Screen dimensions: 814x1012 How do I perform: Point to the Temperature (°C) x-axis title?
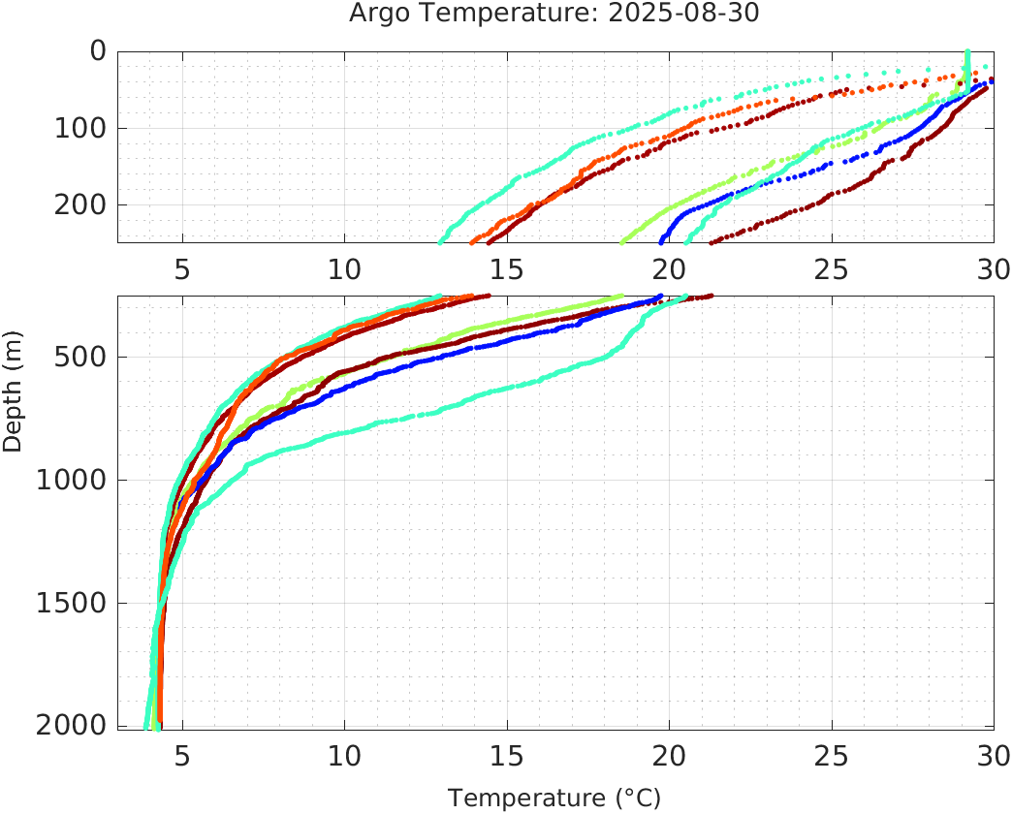(x=553, y=798)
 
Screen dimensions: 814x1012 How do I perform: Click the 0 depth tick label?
(x=97, y=51)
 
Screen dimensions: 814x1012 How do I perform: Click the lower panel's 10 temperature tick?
(x=344, y=755)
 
